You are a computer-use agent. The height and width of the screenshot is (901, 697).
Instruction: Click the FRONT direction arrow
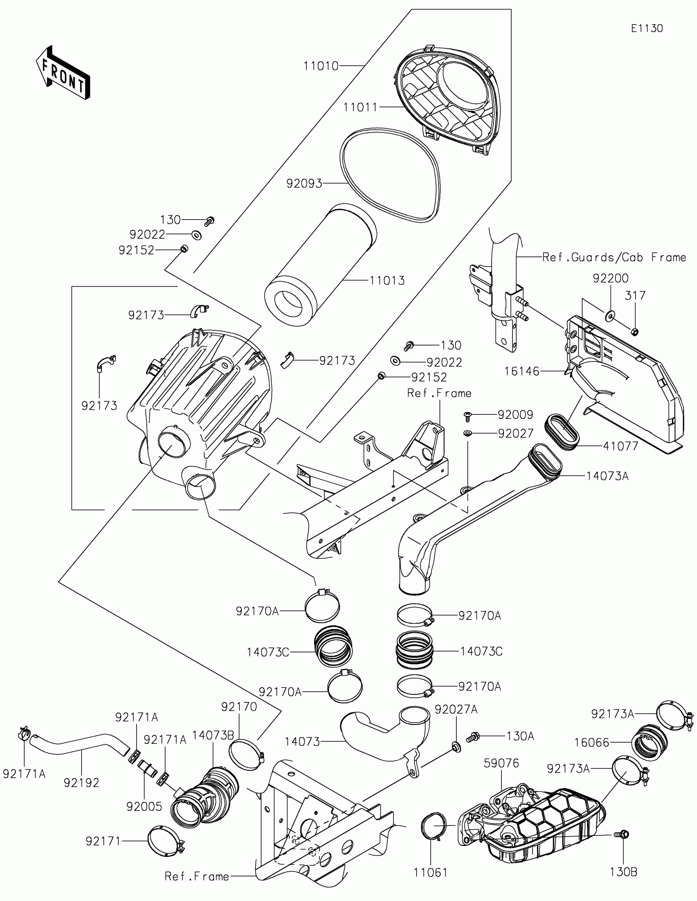click(x=63, y=72)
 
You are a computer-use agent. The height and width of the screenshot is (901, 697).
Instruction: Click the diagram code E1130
click(x=647, y=28)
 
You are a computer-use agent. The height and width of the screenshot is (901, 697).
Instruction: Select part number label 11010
click(x=321, y=66)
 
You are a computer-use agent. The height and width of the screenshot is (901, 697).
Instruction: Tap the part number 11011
click(x=361, y=107)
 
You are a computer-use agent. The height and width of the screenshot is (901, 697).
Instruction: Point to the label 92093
click(x=304, y=183)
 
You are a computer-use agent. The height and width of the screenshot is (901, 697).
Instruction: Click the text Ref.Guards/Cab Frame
click(x=614, y=257)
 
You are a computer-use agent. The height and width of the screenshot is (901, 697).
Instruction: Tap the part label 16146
click(x=522, y=371)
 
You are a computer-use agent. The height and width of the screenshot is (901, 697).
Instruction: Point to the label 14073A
click(x=608, y=476)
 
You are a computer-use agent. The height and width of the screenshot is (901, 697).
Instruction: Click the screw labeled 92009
click(x=468, y=416)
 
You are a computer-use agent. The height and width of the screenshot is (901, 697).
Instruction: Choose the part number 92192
click(x=82, y=782)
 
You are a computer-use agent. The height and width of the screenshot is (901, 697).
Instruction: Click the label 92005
click(x=144, y=807)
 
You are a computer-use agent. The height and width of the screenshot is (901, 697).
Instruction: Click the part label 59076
click(x=501, y=763)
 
